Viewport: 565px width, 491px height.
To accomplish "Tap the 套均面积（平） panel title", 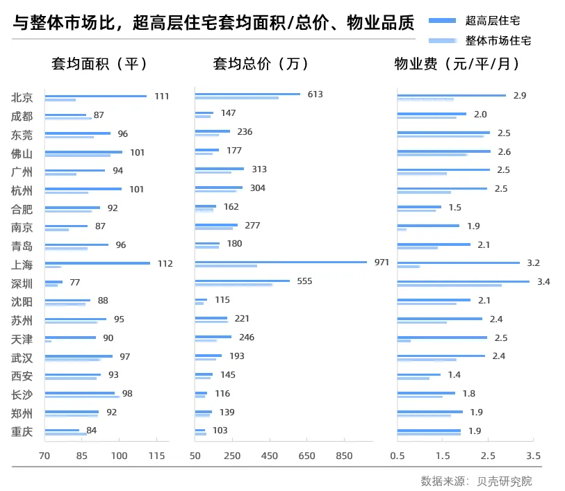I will pyautogui.click(x=100, y=64).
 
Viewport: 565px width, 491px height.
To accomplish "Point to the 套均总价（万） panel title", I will pyautogui.click(x=261, y=64).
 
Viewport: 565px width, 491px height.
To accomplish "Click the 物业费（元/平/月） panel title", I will pyautogui.click(x=457, y=64).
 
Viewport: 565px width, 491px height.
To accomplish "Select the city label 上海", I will pyautogui.click(x=22, y=265).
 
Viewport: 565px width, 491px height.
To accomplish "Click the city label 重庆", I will pyautogui.click(x=22, y=432).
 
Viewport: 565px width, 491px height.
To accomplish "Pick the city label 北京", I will pyautogui.click(x=22, y=97).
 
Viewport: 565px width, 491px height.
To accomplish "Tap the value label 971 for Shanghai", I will pyautogui.click(x=382, y=263).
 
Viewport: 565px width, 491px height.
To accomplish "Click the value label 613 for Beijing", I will pyautogui.click(x=316, y=94).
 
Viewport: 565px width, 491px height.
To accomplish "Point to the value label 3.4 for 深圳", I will pyautogui.click(x=543, y=281).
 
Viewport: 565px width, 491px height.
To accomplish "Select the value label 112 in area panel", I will pyautogui.click(x=165, y=263).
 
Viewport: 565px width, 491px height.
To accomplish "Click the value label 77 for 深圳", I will pyautogui.click(x=75, y=282).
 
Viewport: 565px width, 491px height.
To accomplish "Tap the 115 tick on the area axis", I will pyautogui.click(x=157, y=456).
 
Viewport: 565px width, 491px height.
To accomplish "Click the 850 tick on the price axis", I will pyautogui.click(x=344, y=456).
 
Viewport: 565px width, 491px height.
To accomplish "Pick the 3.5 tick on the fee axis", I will pyautogui.click(x=533, y=456).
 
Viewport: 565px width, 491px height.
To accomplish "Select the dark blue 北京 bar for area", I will pyautogui.click(x=96, y=96).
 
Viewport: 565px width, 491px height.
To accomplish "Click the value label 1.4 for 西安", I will pyautogui.click(x=455, y=375).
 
